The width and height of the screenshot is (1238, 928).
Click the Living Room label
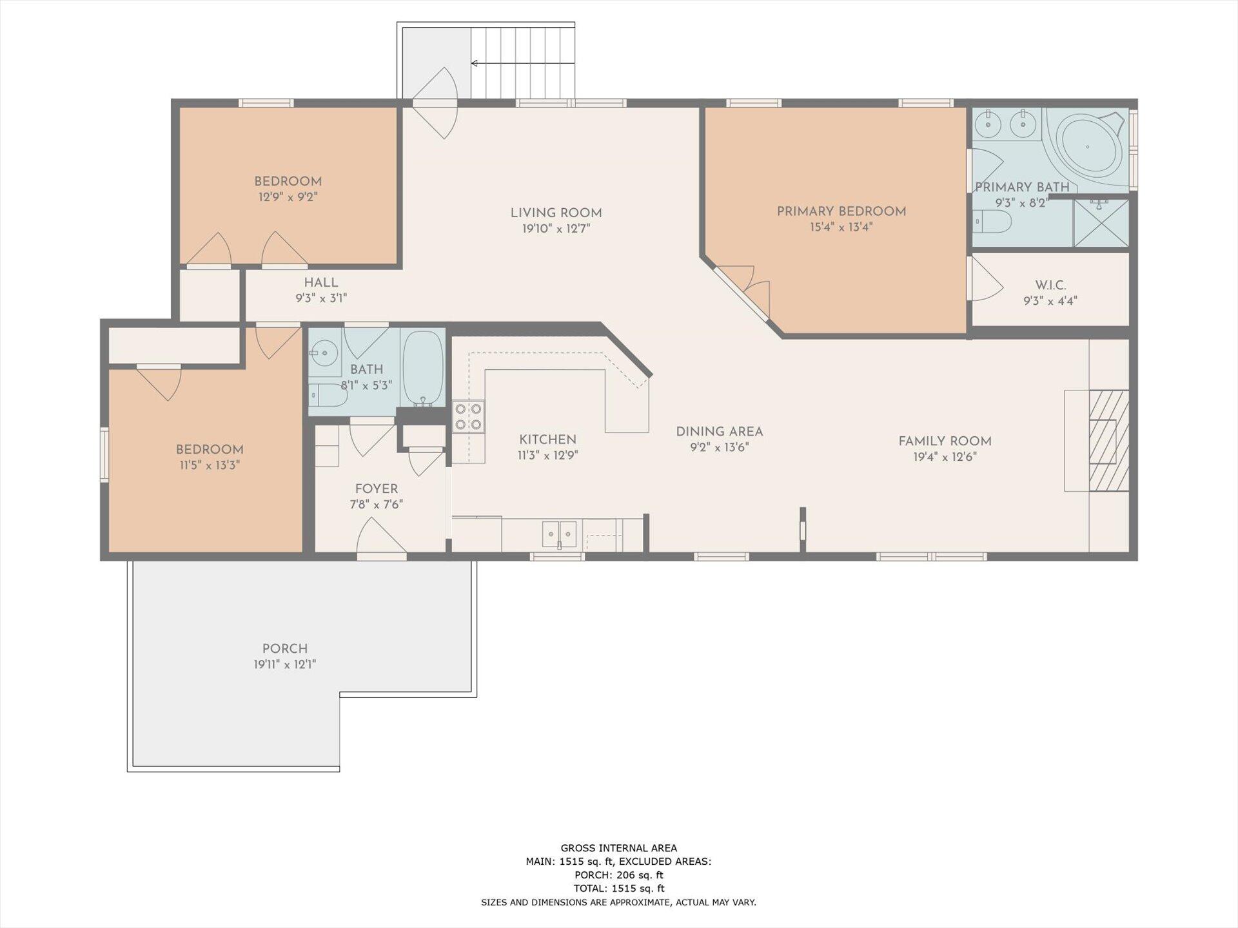(556, 213)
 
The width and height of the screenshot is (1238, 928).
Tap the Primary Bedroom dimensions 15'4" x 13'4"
(841, 227)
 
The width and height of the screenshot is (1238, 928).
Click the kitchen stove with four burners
(468, 417)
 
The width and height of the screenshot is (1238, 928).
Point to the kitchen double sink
(559, 534)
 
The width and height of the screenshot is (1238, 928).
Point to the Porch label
(284, 648)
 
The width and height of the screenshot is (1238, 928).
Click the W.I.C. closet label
(1050, 285)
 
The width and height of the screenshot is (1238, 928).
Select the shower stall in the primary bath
(1101, 223)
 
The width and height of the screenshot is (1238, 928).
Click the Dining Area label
(719, 432)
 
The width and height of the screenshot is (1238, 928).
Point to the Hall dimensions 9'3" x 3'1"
(321, 298)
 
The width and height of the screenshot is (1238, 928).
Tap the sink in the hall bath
(324, 353)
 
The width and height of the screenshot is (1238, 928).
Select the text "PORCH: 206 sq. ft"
(619, 875)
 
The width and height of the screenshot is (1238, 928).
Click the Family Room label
(945, 441)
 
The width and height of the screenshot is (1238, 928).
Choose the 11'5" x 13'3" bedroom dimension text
(210, 465)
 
